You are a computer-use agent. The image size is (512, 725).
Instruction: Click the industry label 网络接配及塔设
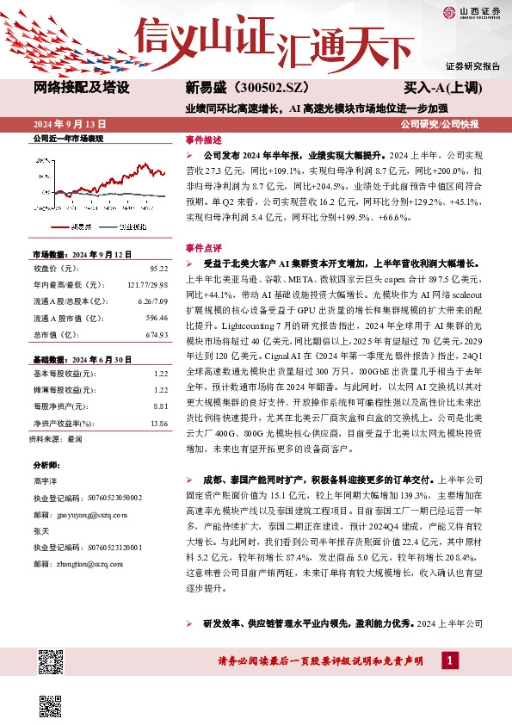coord(82,88)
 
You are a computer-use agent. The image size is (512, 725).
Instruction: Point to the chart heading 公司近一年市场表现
coord(68,138)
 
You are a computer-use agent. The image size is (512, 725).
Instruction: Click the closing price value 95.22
coord(158,270)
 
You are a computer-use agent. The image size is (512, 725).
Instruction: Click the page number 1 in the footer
coord(448,660)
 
